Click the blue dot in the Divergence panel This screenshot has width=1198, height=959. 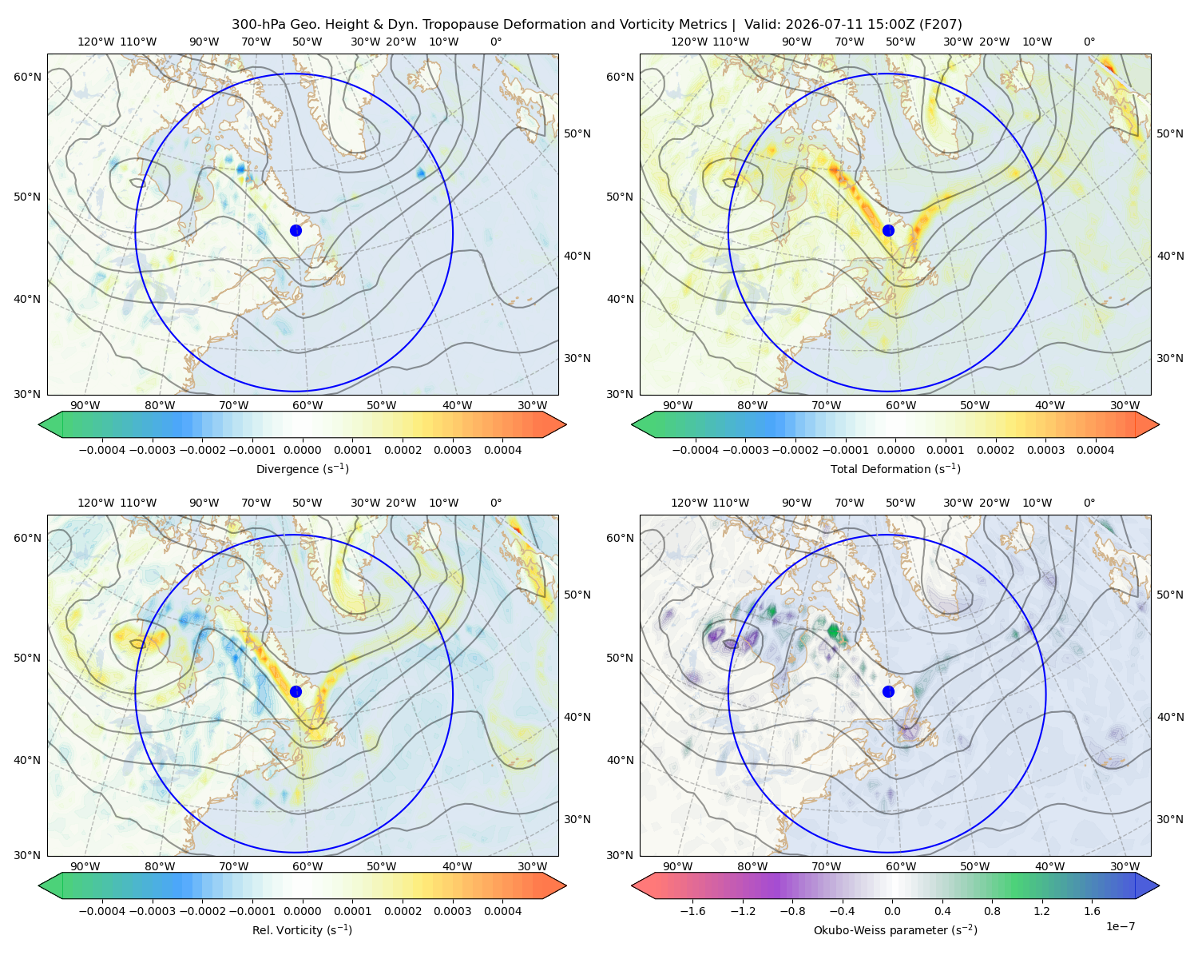296,230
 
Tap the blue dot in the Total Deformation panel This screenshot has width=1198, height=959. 888,230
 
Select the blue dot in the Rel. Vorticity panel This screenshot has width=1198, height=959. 296,691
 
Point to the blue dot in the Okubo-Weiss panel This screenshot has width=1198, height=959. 888,691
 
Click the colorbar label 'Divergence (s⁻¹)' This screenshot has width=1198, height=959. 302,468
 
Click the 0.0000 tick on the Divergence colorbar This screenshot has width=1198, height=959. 302,450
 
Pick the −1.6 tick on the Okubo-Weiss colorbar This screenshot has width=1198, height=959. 692,911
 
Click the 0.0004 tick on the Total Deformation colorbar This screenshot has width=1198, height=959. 1096,450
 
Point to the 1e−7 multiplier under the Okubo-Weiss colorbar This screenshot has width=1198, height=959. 1120,926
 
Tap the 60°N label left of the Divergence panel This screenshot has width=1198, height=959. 27,77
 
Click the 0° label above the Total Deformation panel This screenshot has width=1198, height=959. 1089,42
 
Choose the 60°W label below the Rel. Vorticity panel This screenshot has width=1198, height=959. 307,866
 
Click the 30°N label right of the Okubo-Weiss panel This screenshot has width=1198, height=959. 1170,819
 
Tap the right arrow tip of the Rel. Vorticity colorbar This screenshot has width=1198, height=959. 566,885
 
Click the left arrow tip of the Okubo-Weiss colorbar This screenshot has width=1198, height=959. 632,885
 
